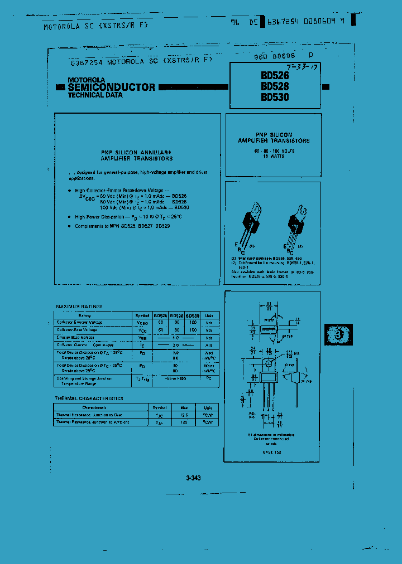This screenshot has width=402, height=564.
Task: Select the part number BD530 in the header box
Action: coord(275,96)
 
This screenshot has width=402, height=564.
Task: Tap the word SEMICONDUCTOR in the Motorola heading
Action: coord(112,87)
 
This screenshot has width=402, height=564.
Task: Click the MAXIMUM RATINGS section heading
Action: coord(79,307)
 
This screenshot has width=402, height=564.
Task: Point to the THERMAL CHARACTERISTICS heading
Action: coord(89,398)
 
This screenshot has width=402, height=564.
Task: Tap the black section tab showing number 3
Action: coord(336,334)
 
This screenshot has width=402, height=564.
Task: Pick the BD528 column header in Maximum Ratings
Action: coord(176,315)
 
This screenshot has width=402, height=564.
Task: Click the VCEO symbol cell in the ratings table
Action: coord(142,323)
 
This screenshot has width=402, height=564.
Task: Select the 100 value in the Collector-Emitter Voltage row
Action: coord(193,323)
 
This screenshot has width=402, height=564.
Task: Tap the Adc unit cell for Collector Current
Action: coord(209,345)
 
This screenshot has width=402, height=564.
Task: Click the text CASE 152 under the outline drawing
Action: coord(272,452)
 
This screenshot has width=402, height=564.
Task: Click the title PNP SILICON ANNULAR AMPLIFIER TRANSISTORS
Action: coord(137,155)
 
